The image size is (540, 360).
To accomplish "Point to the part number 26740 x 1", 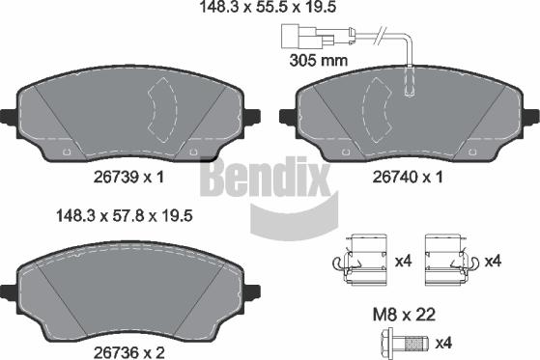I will pyautogui.click(x=407, y=177).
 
